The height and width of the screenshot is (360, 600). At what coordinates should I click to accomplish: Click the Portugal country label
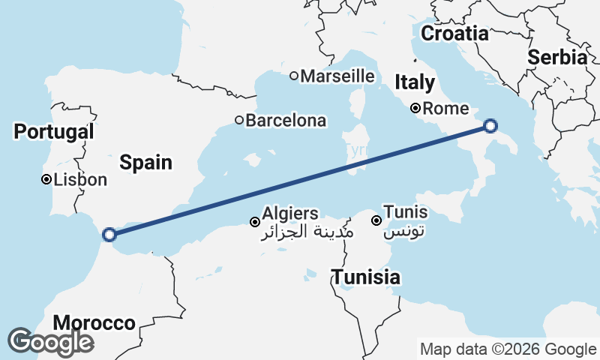[x=54, y=131]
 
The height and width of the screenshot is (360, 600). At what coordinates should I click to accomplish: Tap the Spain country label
[x=146, y=161]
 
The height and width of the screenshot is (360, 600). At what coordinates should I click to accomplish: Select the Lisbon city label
[x=80, y=180]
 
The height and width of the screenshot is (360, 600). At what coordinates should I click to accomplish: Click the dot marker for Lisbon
[x=46, y=180]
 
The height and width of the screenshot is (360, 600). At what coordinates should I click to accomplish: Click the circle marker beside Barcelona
[x=239, y=120]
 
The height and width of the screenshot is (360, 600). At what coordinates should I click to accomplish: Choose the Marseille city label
[x=337, y=76]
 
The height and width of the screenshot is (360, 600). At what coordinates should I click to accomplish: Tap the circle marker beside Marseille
[x=294, y=76]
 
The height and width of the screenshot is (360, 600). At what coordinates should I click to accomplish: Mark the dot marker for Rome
[x=415, y=108]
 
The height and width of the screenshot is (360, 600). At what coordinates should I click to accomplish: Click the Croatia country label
[x=454, y=33]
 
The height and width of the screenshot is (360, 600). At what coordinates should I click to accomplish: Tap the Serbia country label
[x=557, y=57]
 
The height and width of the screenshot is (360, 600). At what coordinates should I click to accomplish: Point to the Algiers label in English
[x=290, y=214]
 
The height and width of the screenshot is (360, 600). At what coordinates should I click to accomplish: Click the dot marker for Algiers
[x=255, y=222]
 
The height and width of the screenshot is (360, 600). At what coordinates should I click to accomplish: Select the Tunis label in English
[x=405, y=212]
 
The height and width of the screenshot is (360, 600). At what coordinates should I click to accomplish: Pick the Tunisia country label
[x=366, y=277]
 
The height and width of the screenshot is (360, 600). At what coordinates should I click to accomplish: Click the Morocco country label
[x=94, y=323]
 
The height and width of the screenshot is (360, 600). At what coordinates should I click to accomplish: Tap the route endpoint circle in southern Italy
[x=490, y=126]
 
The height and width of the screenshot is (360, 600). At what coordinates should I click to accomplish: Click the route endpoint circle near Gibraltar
[x=109, y=235]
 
